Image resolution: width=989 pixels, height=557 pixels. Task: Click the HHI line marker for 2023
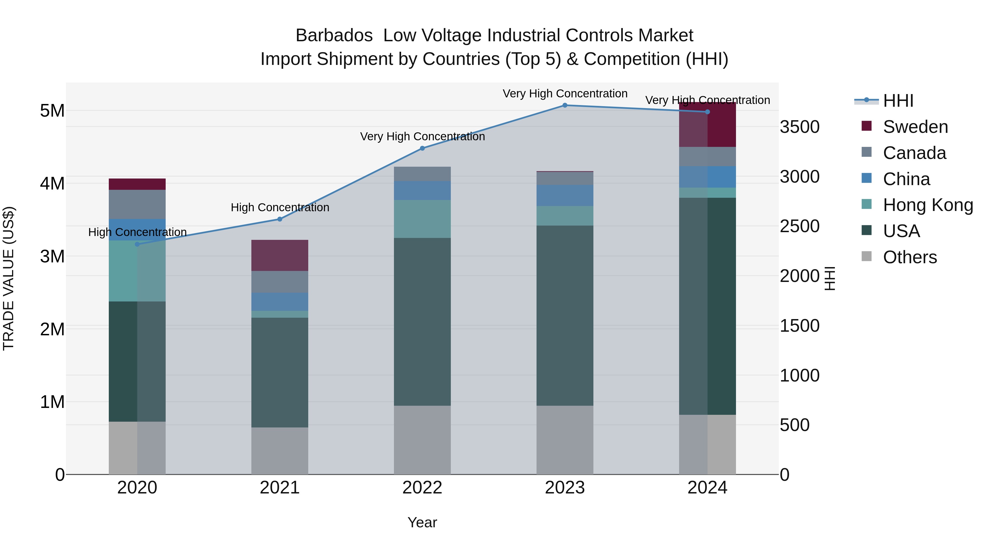coord(565,105)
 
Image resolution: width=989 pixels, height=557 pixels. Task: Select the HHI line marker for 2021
coord(280,219)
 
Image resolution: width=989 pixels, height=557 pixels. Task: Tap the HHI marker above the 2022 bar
coord(422,148)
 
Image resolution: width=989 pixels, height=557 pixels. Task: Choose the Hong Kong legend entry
coord(927,205)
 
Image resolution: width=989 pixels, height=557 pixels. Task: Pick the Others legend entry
coord(910,257)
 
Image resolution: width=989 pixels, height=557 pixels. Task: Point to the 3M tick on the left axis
coord(52,256)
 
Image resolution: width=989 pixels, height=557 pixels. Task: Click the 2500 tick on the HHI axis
coord(800,226)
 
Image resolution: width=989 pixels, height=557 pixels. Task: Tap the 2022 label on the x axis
coord(422,488)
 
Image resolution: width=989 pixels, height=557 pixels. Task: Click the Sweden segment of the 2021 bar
coord(280,255)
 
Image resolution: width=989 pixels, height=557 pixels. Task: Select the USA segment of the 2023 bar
coord(565,315)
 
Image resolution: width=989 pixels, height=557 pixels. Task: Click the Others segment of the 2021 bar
coord(280,451)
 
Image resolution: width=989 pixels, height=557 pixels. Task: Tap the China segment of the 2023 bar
coord(565,195)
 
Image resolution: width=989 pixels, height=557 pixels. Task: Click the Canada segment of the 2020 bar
coord(137,204)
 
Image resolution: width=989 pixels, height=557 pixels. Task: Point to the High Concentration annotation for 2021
coord(280,208)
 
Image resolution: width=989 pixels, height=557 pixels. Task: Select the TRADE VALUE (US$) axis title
coord(9,278)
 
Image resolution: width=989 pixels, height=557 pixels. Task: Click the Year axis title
coord(422,522)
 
